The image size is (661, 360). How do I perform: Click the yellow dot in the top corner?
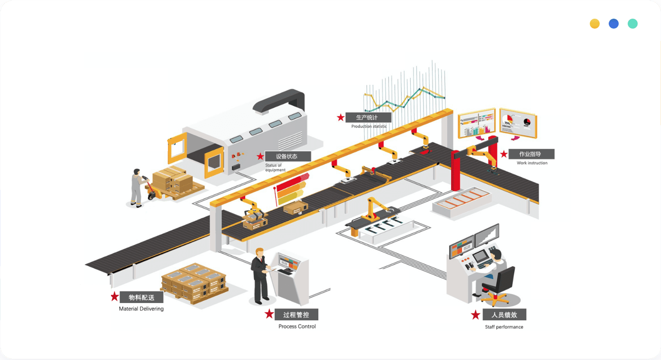coord(595,24)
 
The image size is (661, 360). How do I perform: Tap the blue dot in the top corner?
coord(613,24)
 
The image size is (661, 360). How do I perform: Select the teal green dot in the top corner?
coord(632,24)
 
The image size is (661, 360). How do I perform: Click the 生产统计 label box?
coord(368,118)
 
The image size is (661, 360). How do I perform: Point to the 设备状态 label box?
coord(287,156)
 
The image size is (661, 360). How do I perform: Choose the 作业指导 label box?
coord(531,154)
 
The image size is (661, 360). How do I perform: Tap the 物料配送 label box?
coord(142,297)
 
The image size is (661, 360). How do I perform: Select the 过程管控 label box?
coord(297,315)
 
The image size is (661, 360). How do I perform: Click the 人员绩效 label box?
coord(504,315)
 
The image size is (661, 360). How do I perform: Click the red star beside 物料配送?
coord(115,297)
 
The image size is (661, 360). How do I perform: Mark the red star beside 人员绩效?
coord(475,315)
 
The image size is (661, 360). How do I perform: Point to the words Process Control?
coord(297,326)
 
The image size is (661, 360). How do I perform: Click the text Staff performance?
coord(504,327)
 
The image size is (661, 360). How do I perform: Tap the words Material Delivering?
coord(141,309)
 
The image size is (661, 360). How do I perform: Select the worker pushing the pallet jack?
coord(137,187)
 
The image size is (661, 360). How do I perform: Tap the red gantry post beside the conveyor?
coord(455,172)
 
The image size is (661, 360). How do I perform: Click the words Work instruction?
coord(532,163)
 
